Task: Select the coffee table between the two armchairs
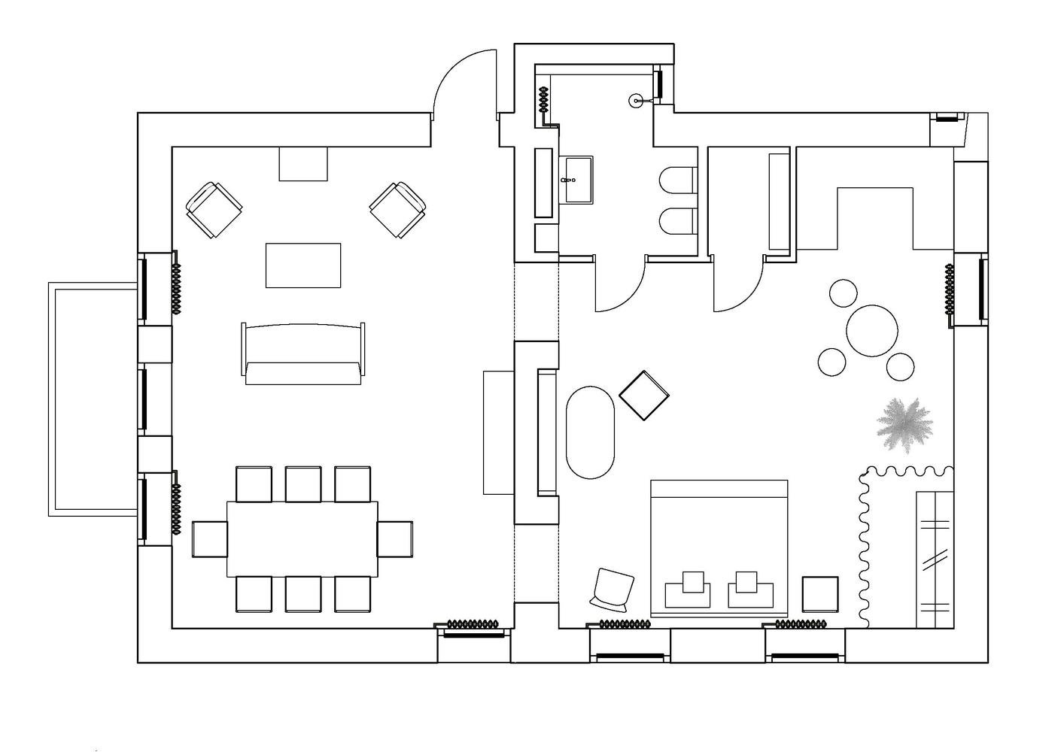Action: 302,265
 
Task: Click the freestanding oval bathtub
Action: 591,432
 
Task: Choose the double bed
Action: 719,549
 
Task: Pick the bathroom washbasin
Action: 577,180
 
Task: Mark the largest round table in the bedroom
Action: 873,330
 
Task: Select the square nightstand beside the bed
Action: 820,594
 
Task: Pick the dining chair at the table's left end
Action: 209,539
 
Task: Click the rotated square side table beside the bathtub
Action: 644,396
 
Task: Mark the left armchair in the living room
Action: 214,210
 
